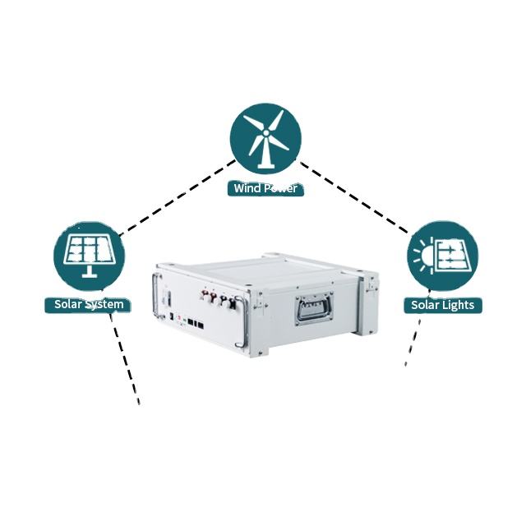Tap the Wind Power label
pyautogui.click(x=265, y=189)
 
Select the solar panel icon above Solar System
pyautogui.click(x=89, y=255)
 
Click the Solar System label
pyautogui.click(x=89, y=305)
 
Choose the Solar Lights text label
pyautogui.click(x=442, y=306)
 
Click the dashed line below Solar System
pyautogui.click(x=126, y=357)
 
